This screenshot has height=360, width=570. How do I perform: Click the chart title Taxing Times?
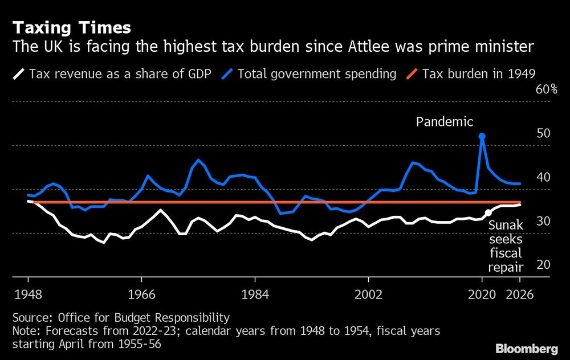point(71,27)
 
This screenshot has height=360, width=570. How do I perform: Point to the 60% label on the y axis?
point(545,89)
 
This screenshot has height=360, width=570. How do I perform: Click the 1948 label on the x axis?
point(28,295)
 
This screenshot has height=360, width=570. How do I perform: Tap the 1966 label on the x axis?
point(141,295)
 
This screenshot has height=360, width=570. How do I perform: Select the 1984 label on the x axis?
point(255,295)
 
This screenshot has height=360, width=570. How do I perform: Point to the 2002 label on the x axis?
point(368,295)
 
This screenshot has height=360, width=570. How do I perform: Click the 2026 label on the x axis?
point(520,295)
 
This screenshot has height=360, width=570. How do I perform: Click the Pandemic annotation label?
point(445,121)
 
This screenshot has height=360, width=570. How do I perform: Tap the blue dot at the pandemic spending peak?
point(482,137)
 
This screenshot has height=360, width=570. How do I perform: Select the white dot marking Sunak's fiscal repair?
point(488,212)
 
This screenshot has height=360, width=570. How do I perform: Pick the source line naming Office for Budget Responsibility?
point(121,318)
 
